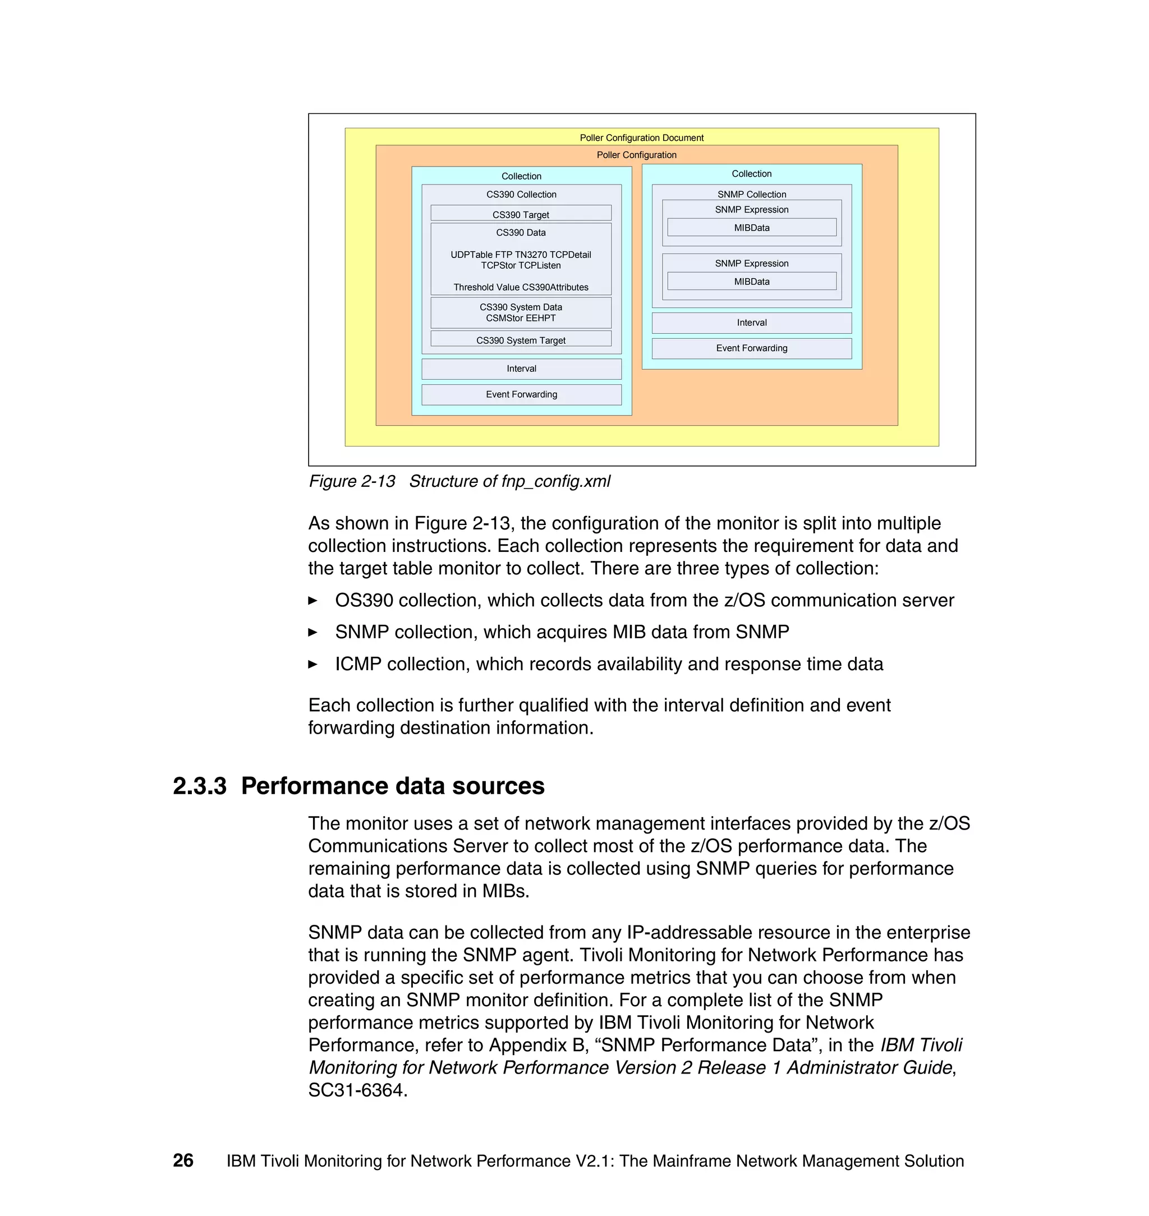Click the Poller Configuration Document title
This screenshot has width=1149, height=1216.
pos(641,138)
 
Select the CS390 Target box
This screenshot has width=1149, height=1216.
pos(521,214)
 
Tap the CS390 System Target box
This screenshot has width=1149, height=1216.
pos(521,339)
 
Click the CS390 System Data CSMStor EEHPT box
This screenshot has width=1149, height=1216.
pos(521,312)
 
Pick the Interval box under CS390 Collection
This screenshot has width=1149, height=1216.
pos(521,369)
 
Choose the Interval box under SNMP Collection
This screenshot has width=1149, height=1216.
pos(751,323)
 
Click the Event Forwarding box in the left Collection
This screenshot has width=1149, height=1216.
pos(521,394)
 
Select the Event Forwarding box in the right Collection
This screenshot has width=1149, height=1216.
pos(751,348)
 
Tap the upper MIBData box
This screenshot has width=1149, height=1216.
pos(751,228)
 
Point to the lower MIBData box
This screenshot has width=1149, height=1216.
pos(751,282)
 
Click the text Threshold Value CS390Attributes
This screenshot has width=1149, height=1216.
pos(521,287)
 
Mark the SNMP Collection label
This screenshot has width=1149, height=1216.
pos(751,194)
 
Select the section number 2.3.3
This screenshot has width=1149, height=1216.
pos(200,786)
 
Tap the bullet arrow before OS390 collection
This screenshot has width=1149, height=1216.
pos(312,601)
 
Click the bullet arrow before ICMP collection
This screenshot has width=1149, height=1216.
pos(312,664)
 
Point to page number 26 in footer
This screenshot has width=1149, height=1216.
pos(183,1161)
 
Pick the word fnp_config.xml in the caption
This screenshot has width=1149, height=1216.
pos(555,481)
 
